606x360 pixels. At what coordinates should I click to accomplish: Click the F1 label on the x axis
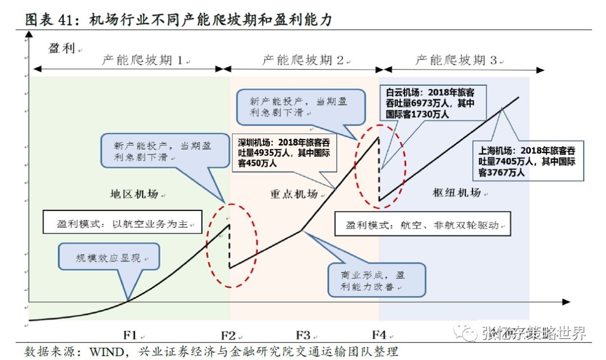130,335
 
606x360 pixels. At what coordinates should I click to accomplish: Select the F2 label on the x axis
228,335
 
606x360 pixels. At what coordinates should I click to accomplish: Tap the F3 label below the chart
303,335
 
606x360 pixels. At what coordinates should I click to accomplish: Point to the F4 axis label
379,335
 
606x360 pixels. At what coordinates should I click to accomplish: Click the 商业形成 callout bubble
376,280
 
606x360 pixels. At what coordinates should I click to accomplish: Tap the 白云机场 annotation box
434,103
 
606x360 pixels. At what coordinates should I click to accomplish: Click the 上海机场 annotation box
526,161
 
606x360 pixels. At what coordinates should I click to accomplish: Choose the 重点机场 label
293,194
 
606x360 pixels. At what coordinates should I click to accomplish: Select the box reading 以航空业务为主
121,223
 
